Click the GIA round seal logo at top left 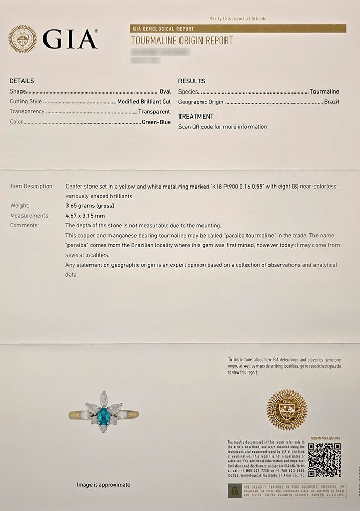22,39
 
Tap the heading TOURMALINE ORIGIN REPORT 182,41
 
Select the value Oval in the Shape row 165,91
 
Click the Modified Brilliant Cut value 144,102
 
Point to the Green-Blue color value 156,122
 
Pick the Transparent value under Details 153,112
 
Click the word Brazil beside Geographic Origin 331,102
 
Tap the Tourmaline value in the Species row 324,91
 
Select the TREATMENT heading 195,117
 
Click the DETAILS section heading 22,81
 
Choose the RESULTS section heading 191,81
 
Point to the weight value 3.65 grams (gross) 89,206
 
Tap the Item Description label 32,187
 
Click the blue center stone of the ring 104,413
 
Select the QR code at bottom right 324,459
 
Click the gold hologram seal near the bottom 287,410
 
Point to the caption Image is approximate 103,485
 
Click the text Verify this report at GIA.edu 238,19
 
